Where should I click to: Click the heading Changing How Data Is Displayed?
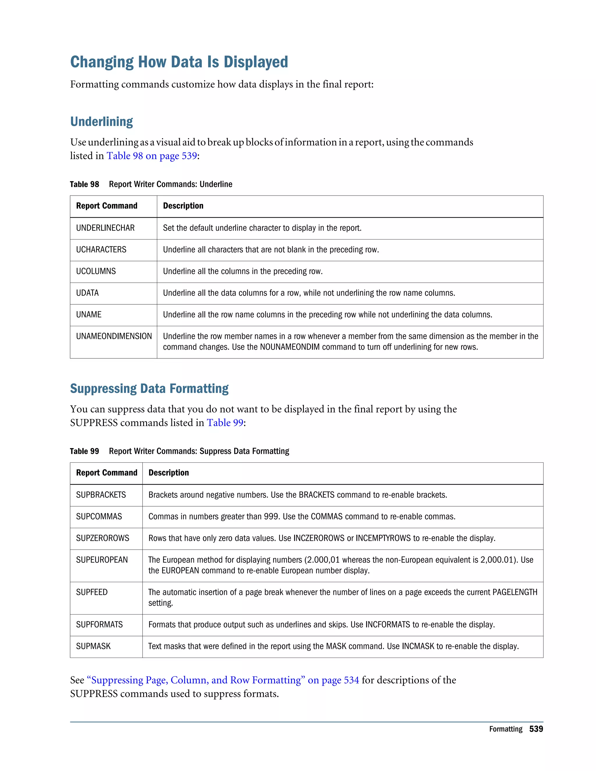[179, 62]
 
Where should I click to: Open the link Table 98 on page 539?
[151, 156]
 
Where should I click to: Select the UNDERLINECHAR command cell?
[105, 228]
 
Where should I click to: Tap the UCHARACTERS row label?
[101, 250]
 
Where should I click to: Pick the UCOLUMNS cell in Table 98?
[96, 271]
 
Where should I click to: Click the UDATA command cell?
[87, 293]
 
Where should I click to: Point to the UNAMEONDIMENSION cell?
[114, 336]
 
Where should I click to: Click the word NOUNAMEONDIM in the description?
[290, 347]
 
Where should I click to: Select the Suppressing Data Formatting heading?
[149, 389]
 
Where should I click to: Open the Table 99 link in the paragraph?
[225, 422]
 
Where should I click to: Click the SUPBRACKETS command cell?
[101, 495]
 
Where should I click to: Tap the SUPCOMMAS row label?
[99, 516]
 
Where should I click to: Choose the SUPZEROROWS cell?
[102, 538]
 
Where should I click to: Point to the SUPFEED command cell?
[91, 592]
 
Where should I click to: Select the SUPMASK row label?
[93, 646]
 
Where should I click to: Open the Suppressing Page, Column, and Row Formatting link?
[222, 680]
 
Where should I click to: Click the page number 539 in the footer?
[536, 729]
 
